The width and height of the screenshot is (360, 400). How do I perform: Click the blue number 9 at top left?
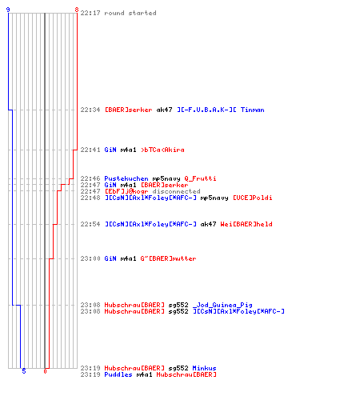tap(8, 10)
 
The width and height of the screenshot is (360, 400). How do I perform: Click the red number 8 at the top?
tap(77, 10)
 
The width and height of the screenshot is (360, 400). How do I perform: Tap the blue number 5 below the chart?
tap(24, 371)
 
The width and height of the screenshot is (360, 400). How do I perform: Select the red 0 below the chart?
tap(45, 371)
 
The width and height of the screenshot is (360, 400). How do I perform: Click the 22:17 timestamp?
tap(90, 13)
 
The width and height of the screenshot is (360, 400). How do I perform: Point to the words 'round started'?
tap(130, 13)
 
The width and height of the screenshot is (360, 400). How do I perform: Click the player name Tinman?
tap(253, 110)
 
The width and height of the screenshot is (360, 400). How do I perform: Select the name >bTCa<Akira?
tap(162, 150)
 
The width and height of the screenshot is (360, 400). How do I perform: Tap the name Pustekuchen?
tap(126, 178)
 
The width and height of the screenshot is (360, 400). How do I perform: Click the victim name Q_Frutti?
tap(200, 178)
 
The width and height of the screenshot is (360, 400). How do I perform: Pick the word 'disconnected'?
tap(176, 191)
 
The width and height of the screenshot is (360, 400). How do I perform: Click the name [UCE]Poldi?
tap(253, 198)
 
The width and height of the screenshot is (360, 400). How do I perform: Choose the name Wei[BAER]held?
tap(246, 224)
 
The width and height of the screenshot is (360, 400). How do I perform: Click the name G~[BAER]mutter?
tap(168, 258)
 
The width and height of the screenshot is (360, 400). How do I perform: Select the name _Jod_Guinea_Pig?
tap(222, 305)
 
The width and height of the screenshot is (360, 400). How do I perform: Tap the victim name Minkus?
tap(204, 368)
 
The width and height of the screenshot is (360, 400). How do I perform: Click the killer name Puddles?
tap(118, 374)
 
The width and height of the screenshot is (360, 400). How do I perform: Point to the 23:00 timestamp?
tap(90, 258)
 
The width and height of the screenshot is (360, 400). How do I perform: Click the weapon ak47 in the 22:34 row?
tap(164, 110)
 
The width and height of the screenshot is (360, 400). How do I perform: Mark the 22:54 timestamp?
tap(90, 224)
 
